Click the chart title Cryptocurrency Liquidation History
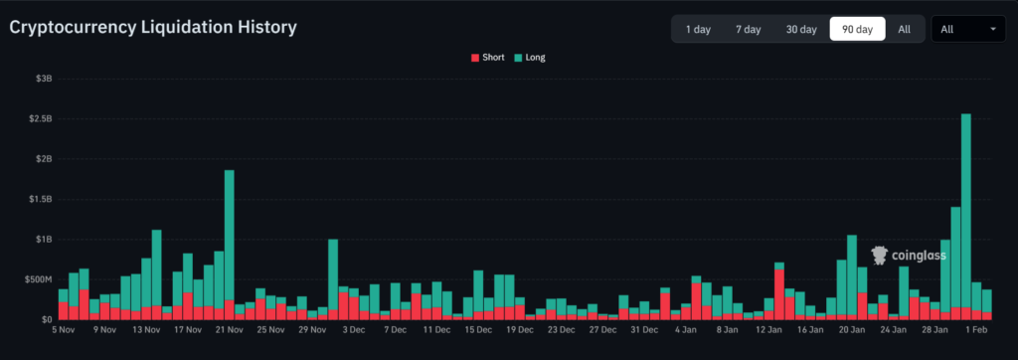click(x=153, y=28)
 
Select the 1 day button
click(x=697, y=30)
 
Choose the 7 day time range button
click(x=748, y=30)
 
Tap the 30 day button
click(x=801, y=30)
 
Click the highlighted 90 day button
click(x=857, y=30)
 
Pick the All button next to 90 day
click(x=904, y=30)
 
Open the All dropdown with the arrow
click(x=967, y=30)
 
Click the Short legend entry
click(x=487, y=58)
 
